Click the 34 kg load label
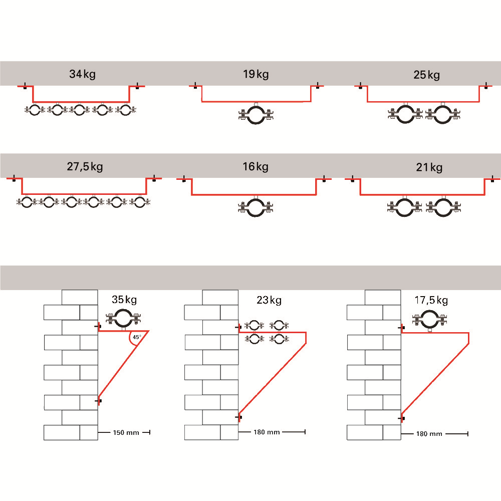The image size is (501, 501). [x=83, y=75]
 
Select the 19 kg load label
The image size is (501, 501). [x=256, y=75]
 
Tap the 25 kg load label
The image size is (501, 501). [x=426, y=75]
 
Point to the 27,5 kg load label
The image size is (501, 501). [x=84, y=166]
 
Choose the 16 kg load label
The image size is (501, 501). [x=256, y=166]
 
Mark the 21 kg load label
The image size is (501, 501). [x=429, y=167]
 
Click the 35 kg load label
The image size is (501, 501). [x=124, y=300]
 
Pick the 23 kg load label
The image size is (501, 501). [x=269, y=300]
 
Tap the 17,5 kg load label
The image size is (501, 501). [x=431, y=300]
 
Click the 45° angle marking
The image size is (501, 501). [x=136, y=337]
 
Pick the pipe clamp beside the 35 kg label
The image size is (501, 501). [x=123, y=318]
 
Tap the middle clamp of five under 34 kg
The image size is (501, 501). [x=79, y=110]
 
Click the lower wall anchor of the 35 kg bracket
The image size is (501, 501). [x=100, y=401]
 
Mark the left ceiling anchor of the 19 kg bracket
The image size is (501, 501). [x=194, y=85]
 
